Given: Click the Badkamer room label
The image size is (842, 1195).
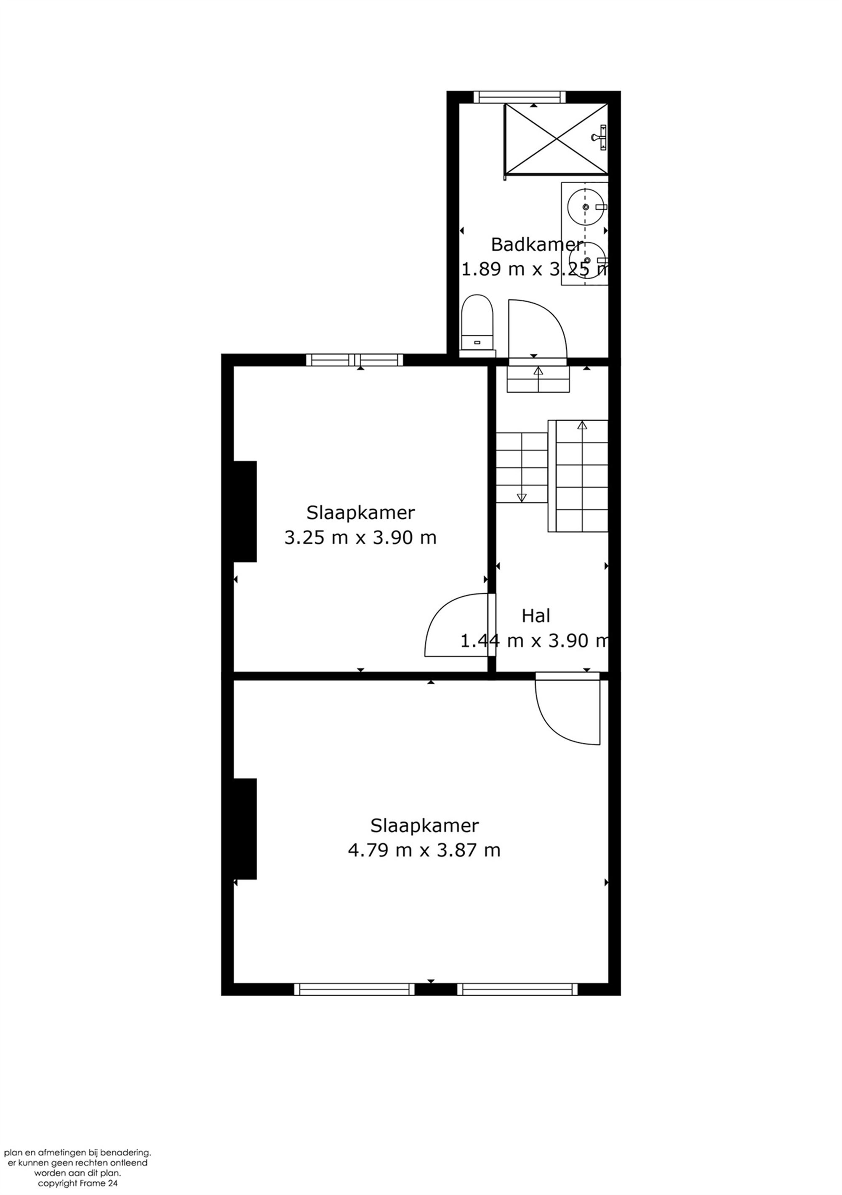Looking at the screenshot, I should click(x=536, y=244).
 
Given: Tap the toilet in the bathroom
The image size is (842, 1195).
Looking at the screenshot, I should click(x=476, y=323).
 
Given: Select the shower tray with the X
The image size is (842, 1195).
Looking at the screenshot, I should click(x=556, y=139).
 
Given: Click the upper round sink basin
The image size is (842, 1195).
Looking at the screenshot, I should click(x=586, y=207).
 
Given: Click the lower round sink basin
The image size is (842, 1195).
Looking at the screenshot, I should click(x=586, y=260).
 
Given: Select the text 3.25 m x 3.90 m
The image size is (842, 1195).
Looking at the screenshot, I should click(x=360, y=538).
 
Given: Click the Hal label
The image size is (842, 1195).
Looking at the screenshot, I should click(x=536, y=616).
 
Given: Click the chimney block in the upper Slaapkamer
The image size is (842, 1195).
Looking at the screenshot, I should click(x=245, y=511).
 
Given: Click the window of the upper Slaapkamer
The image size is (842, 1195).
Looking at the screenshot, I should click(x=354, y=360).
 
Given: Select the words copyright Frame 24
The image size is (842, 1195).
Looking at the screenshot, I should click(x=77, y=1183).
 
